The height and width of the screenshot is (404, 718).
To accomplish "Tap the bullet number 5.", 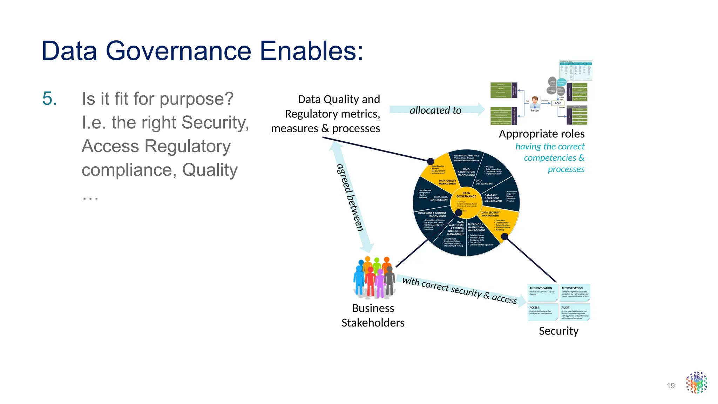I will (49, 99).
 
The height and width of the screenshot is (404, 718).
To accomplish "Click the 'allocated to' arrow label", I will (435, 110).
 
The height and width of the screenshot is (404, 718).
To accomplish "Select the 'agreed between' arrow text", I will (350, 197).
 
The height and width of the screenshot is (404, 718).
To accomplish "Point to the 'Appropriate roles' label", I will (541, 134).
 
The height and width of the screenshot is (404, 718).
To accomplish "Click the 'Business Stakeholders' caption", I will (373, 315).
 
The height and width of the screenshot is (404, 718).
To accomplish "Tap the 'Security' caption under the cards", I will (558, 331).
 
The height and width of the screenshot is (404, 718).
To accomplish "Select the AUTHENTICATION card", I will (542, 293).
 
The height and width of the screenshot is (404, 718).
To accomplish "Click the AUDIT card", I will (575, 312).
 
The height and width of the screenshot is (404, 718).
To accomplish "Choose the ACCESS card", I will (542, 312).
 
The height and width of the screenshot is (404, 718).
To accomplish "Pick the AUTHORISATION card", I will (575, 293).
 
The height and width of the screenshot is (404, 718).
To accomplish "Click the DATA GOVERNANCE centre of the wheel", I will (466, 195).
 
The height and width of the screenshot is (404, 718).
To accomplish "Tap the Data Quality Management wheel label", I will (447, 182).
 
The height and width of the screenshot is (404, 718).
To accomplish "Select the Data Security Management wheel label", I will (490, 214).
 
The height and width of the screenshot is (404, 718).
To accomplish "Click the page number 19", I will (671, 386).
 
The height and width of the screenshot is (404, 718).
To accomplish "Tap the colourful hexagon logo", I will (697, 383).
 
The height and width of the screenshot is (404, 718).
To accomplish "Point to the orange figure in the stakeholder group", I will (387, 267).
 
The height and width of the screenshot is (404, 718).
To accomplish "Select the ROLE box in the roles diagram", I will (557, 103).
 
